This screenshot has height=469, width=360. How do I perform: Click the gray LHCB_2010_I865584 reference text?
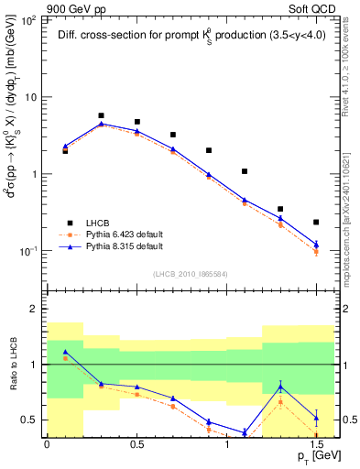[191, 275]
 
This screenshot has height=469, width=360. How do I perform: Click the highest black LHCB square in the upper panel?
[101, 116]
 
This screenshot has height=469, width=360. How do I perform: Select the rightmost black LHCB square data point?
[316, 222]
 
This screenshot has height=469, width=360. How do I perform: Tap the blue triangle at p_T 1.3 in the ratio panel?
[280, 387]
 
